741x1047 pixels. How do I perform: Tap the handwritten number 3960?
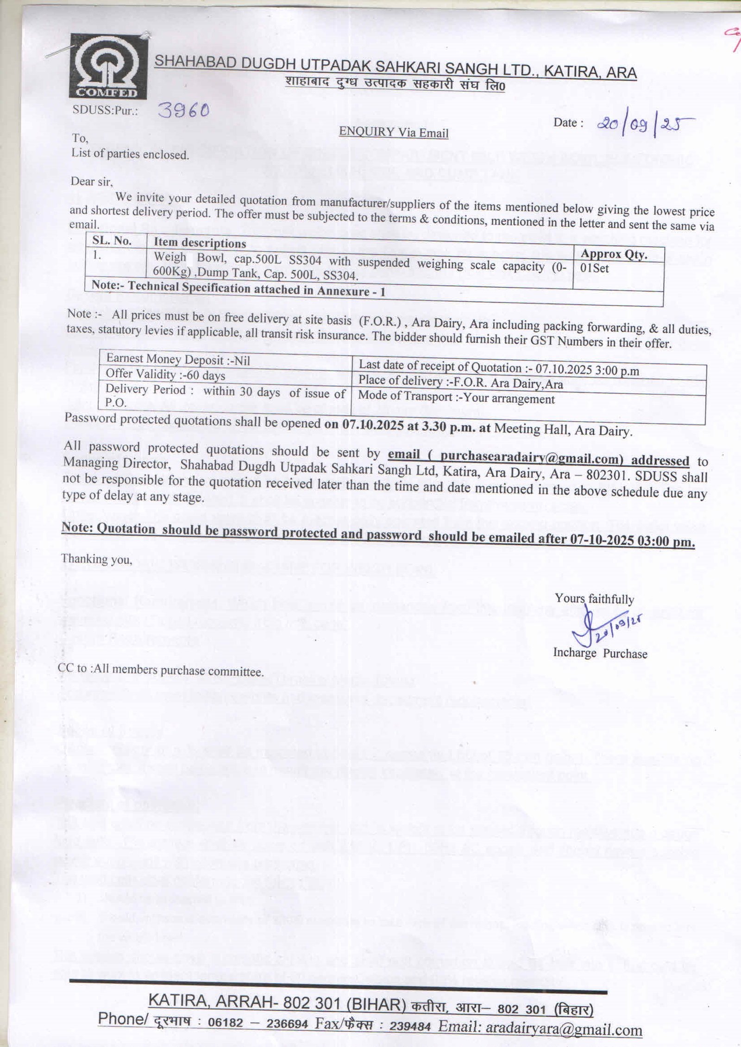(x=183, y=109)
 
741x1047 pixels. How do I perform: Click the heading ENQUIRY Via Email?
(x=394, y=132)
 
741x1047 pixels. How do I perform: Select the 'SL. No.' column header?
(x=112, y=241)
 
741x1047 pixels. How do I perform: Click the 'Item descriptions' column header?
(x=200, y=243)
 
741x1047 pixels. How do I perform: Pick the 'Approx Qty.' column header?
(x=614, y=254)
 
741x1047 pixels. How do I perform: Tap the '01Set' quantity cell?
(x=595, y=268)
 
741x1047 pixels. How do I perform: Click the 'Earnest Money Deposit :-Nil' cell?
(x=178, y=359)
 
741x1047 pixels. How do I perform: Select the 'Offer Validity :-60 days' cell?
(x=165, y=374)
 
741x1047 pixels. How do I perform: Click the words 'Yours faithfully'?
(x=594, y=599)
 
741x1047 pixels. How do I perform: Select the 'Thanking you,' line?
(x=97, y=559)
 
